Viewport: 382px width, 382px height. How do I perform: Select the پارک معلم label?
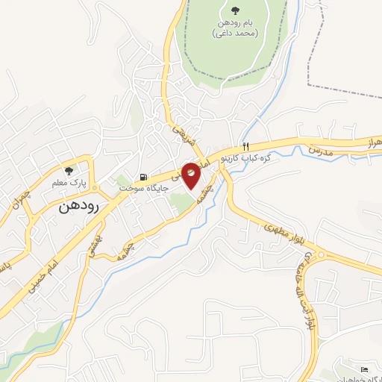tap(94, 182)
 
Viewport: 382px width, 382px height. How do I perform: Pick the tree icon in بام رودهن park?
tap(235, 10)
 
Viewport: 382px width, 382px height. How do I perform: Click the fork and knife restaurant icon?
tap(244, 146)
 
